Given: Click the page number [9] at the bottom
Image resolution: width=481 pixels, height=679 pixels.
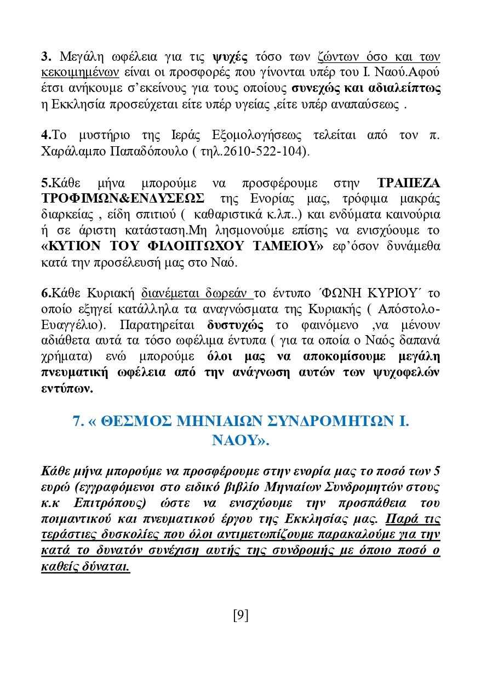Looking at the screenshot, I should coord(240,615).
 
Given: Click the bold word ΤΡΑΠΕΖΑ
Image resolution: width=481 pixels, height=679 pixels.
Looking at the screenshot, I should coord(409,182).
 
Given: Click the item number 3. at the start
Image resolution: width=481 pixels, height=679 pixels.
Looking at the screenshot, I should coord(46,56).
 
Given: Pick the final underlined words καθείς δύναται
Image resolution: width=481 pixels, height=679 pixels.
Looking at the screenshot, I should coord(85,567).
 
